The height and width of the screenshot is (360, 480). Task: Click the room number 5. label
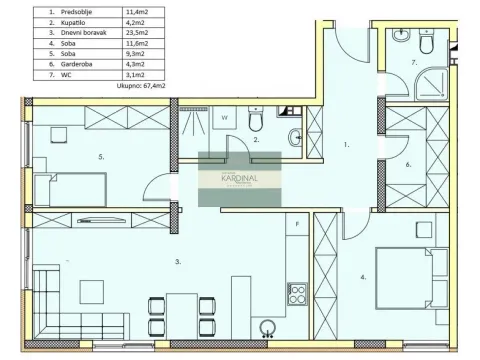click(x=101, y=156)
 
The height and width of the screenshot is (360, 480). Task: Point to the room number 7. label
click(x=413, y=62)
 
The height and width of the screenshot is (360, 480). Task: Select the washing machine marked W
click(x=225, y=118)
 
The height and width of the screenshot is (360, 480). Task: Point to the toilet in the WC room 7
click(x=428, y=44)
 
